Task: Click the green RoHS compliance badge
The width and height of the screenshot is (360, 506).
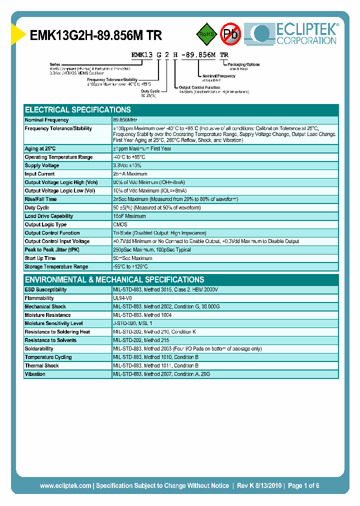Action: (205, 34)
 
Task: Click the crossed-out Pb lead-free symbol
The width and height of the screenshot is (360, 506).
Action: (231, 34)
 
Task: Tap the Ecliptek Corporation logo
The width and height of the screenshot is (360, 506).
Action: (295, 34)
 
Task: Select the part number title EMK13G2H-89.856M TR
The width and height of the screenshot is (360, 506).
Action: (96, 35)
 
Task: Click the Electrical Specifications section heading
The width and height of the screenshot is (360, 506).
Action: (78, 110)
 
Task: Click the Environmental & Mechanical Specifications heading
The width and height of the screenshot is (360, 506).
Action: (114, 279)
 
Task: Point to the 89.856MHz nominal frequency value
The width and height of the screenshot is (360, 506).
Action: (125, 120)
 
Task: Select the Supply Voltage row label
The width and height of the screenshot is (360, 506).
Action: (42, 165)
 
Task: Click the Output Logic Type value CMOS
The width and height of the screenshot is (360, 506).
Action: (120, 224)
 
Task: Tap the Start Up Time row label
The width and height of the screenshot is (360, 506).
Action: (40, 258)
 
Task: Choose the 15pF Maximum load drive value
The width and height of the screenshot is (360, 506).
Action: (129, 216)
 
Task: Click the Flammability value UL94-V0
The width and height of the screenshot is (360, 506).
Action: (122, 298)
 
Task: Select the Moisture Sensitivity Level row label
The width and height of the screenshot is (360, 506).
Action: (53, 323)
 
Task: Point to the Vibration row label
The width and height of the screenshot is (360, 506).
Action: (35, 374)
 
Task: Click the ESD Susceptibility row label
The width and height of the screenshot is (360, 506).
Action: (45, 289)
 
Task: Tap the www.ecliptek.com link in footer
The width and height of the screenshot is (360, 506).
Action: (65, 485)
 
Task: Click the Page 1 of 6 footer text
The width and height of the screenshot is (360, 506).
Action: (303, 485)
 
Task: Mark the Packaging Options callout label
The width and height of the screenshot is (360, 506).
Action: (243, 64)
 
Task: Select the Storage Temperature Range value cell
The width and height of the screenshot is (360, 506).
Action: (130, 266)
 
